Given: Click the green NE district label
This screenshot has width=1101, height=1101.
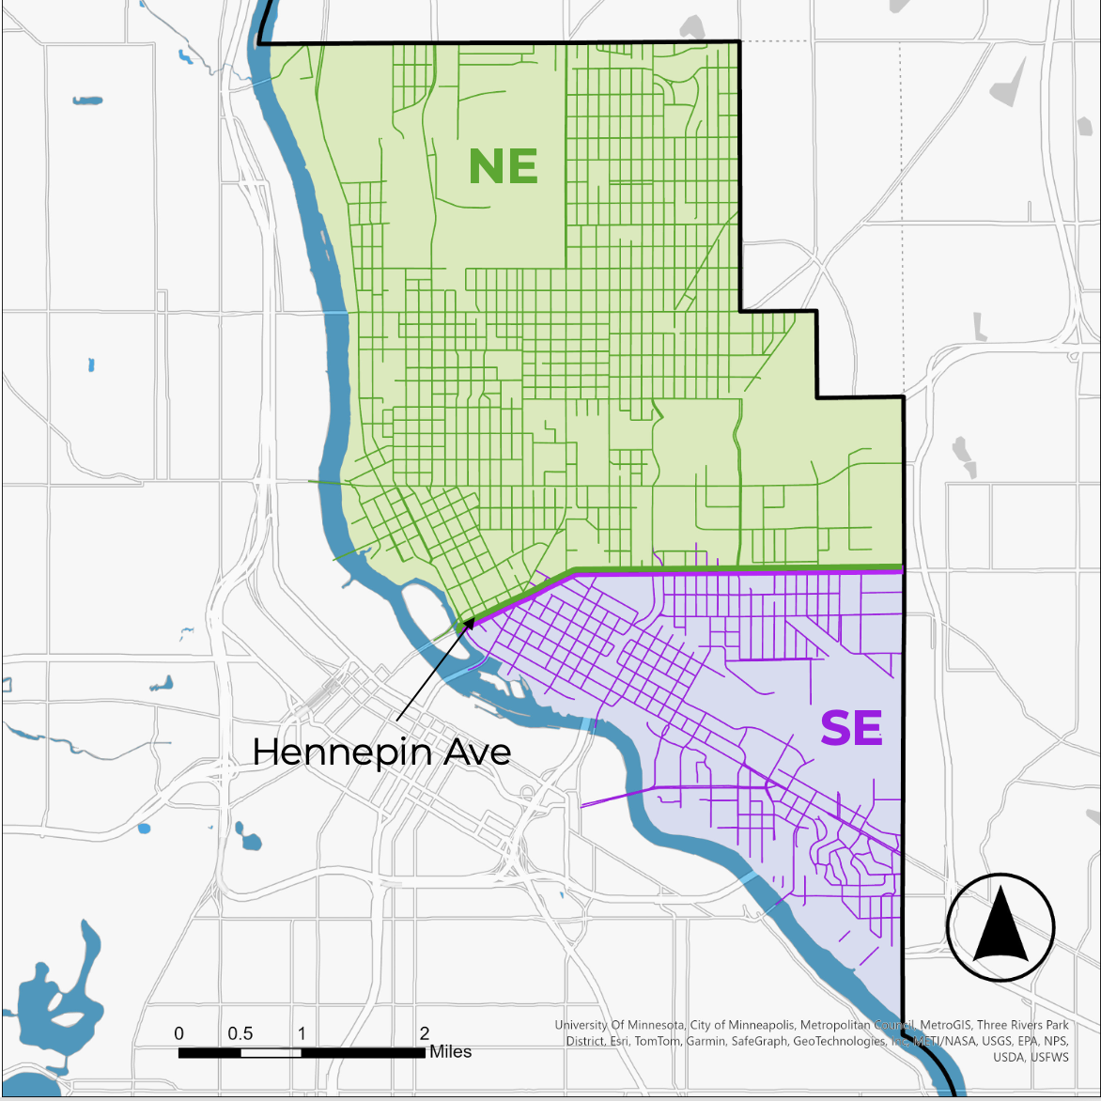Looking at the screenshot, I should [503, 166].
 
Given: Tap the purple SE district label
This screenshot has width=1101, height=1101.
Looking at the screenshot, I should [852, 728].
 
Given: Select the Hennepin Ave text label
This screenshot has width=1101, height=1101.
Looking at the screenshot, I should [381, 752].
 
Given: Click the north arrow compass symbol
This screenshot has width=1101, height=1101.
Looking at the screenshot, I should [1000, 927].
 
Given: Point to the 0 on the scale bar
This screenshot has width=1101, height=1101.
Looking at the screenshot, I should [179, 1033].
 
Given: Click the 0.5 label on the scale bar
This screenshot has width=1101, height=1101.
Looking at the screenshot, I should [240, 1033].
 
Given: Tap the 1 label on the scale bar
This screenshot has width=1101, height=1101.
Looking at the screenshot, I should [302, 1033].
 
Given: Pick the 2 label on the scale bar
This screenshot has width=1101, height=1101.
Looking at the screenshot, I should [425, 1033].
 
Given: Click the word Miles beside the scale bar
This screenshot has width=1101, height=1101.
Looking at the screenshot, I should [450, 1052].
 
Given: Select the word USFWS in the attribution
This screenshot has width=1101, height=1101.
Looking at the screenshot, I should [1048, 1057].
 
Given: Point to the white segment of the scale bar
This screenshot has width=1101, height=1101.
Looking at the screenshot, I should [271, 1053].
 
